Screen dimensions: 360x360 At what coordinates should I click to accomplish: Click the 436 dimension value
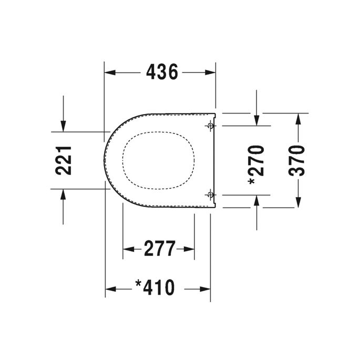162,72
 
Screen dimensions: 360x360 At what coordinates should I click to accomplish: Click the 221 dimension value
64,160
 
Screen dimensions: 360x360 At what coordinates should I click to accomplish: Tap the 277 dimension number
159,248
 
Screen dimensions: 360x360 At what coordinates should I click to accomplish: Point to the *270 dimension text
256,164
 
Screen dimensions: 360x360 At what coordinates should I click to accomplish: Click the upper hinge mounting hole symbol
211,126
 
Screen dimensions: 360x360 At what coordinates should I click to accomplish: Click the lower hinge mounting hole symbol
211,194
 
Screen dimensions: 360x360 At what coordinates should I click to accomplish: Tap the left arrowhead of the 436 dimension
110,73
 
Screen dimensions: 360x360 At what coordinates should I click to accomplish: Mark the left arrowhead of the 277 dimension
128,249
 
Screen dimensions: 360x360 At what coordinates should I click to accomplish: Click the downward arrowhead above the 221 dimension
63,126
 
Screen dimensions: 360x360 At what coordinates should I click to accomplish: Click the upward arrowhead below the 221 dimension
63,194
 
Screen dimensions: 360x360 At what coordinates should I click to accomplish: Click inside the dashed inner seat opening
159,160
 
